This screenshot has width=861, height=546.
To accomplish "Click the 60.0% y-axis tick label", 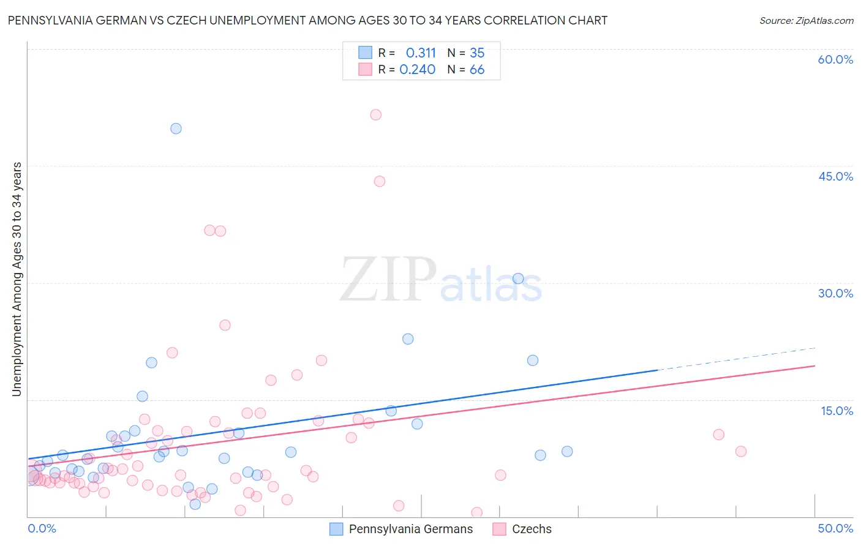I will [x=835, y=59].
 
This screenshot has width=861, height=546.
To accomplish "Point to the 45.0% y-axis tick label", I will [x=835, y=176].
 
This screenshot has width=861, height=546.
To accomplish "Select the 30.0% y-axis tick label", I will [x=835, y=293].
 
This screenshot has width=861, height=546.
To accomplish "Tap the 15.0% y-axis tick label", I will [x=837, y=410].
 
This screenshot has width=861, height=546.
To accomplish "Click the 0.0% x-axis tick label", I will [x=42, y=528].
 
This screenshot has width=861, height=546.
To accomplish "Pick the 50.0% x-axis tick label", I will [x=835, y=528].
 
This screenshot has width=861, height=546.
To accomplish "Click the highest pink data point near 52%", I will [x=376, y=114].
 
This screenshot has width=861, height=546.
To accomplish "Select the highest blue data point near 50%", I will [x=176, y=129].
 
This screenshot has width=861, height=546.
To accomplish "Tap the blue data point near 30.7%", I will [x=518, y=279].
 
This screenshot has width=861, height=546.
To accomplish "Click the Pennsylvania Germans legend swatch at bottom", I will [x=336, y=529].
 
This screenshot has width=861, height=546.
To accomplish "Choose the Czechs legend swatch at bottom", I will [x=500, y=529].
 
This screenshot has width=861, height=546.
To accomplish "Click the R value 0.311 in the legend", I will [x=421, y=53].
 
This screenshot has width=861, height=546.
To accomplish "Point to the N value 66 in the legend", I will [x=477, y=70].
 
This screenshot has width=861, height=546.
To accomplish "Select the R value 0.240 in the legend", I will [x=418, y=70].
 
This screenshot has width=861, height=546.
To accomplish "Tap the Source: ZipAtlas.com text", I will [x=806, y=20].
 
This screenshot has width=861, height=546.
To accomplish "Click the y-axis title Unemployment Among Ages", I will [x=17, y=279].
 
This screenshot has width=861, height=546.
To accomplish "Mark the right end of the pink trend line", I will [x=814, y=365].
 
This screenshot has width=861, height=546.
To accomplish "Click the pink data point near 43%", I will [x=380, y=181].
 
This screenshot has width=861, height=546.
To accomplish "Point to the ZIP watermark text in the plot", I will [x=388, y=280].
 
